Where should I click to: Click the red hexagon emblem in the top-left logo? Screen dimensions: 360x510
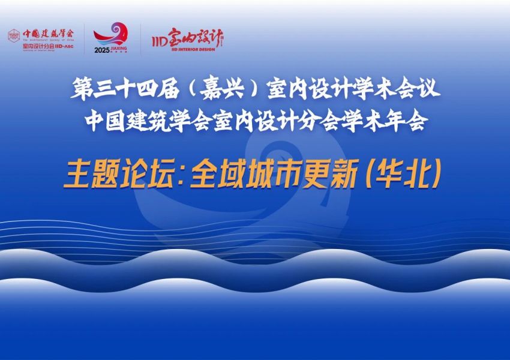(x=13, y=35)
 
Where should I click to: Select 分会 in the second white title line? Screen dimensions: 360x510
(x=319, y=121)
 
